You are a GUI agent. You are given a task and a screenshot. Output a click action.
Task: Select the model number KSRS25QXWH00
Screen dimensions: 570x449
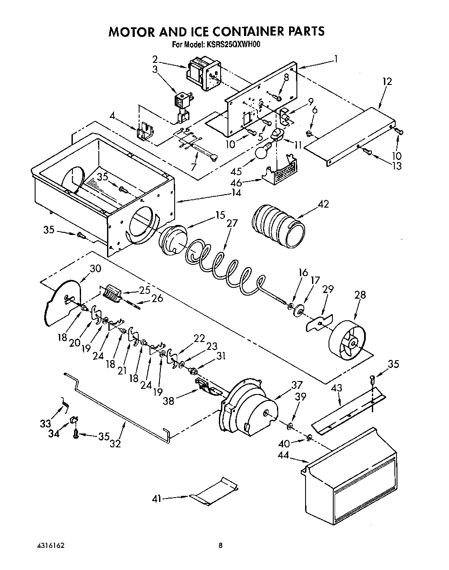pos(236,44)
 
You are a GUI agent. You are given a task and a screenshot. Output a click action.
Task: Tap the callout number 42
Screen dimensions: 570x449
pos(323,204)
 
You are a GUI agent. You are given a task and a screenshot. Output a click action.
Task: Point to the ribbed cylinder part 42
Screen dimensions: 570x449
pos(278,225)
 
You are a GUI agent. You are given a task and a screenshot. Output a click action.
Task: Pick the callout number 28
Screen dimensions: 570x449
pos(360,295)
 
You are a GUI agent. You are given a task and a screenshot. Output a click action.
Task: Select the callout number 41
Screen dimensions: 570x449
pos(156,499)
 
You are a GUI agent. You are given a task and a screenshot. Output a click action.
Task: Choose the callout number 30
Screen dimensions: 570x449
pos(95,268)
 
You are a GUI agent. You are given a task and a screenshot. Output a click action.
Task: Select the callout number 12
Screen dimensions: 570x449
pos(387,81)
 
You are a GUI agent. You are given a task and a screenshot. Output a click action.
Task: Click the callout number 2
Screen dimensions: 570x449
pos(155,59)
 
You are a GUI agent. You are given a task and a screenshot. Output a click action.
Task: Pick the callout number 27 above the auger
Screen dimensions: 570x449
pos(232,223)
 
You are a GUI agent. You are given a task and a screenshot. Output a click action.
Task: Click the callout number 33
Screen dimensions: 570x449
pos(45,423)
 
